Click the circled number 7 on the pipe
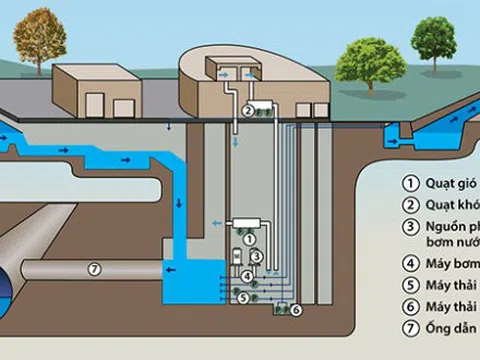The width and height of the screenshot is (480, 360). (94, 268)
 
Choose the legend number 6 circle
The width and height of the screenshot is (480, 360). (409, 308)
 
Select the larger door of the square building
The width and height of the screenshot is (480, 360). (124, 107)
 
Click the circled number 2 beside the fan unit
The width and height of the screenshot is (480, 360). (246, 112)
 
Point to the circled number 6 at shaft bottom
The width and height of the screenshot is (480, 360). (296, 311)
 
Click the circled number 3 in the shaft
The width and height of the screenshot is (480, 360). (257, 257)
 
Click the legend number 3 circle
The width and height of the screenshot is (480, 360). (409, 228)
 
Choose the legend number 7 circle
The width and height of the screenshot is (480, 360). (409, 329)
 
